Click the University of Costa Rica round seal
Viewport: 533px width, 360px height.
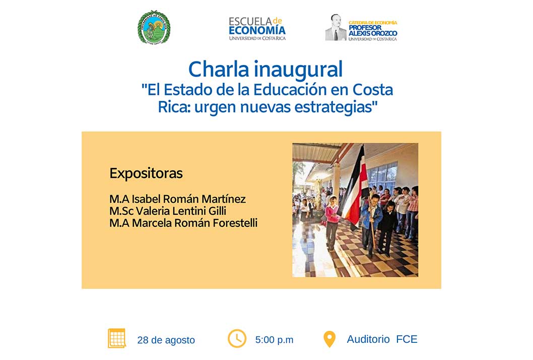pyautogui.click(x=154, y=27)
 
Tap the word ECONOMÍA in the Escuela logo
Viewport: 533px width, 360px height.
pyautogui.click(x=257, y=30)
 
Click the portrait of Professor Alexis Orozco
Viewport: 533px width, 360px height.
pyautogui.click(x=336, y=27)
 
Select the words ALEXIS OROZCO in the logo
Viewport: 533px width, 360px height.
pyautogui.click(x=373, y=33)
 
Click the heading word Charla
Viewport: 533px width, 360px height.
pyautogui.click(x=219, y=70)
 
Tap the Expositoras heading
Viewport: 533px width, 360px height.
pyautogui.click(x=146, y=173)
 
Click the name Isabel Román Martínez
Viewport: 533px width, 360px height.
pyautogui.click(x=188, y=199)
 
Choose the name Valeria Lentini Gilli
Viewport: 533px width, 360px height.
pyautogui.click(x=181, y=211)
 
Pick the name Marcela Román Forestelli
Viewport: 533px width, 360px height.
pyautogui.click(x=195, y=223)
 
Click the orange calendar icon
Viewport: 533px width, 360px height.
pyautogui.click(x=117, y=338)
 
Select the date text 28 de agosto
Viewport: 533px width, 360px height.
pyautogui.click(x=166, y=340)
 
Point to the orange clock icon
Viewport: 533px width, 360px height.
pyautogui.click(x=237, y=338)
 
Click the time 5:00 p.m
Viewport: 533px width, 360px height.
pyautogui.click(x=275, y=340)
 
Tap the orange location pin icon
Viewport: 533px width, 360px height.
pyautogui.click(x=329, y=339)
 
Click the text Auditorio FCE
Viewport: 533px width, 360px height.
pyautogui.click(x=382, y=339)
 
